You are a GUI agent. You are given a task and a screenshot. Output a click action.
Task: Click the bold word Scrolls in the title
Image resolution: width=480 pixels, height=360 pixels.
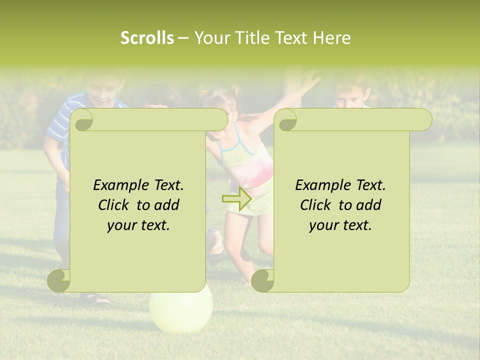point(147,38)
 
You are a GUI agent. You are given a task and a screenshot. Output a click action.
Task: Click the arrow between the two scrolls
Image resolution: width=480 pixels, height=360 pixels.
point(236,199)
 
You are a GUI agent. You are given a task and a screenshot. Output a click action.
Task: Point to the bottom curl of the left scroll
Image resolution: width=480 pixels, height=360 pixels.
point(58,281)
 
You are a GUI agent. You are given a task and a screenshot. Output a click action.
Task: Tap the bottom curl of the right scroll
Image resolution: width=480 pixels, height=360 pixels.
point(262,281)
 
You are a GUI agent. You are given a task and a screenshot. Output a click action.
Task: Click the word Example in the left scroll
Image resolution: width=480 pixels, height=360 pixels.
point(121,185)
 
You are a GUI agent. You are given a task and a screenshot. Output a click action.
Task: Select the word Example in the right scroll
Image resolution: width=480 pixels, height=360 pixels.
point(323,185)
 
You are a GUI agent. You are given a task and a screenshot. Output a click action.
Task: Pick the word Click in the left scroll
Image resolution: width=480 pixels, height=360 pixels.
point(115,205)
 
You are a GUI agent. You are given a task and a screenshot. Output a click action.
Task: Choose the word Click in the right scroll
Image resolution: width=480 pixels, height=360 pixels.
point(317,205)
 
